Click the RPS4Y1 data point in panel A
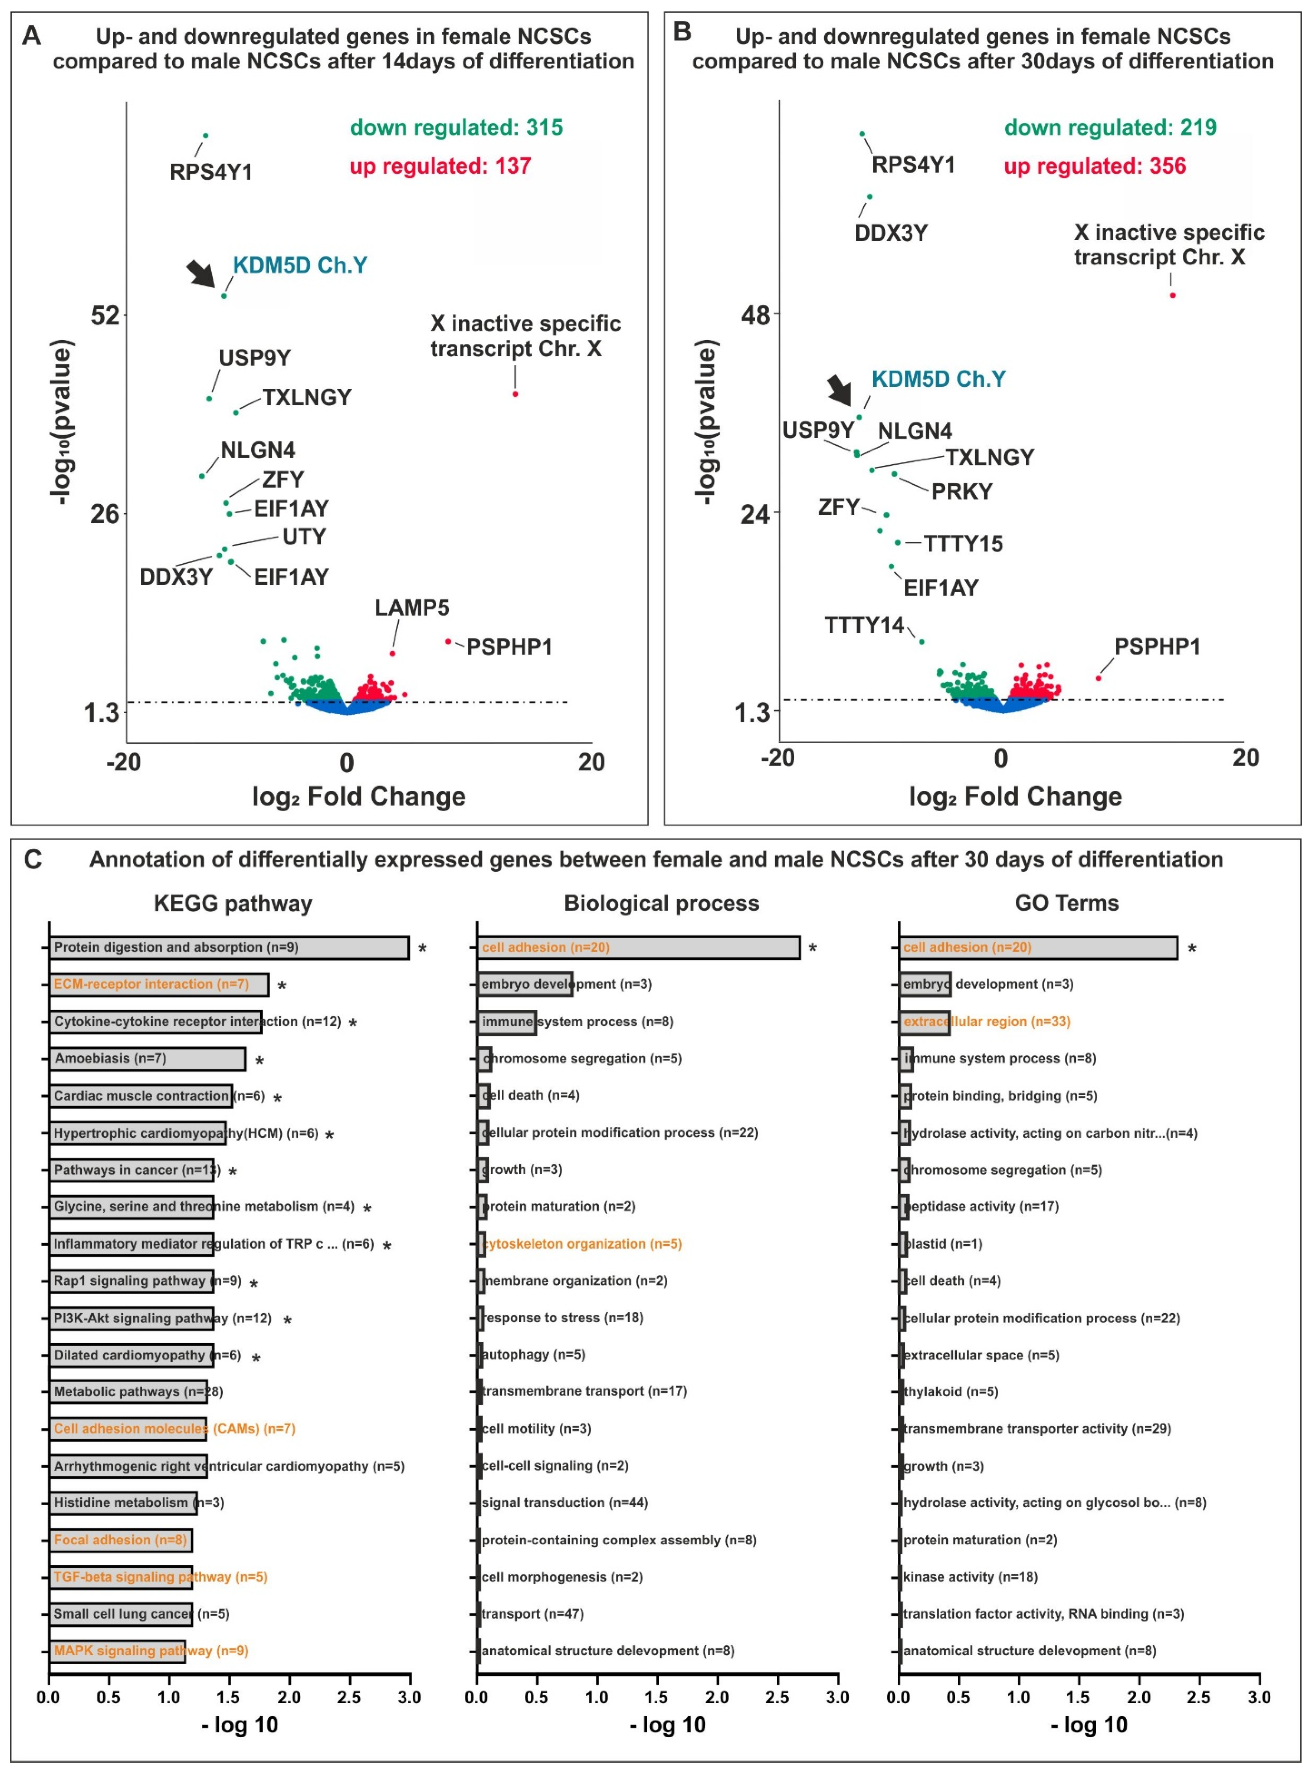pos(205,136)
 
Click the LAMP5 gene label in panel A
pos(412,608)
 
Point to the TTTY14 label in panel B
pos(864,625)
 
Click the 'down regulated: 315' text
pos(456,128)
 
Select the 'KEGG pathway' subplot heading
pos(233,903)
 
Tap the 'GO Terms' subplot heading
pos(1066,903)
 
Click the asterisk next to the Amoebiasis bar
pos(259,1061)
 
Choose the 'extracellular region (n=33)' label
pos(986,1022)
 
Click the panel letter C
pos(33,859)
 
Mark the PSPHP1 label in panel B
pos(1157,647)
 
